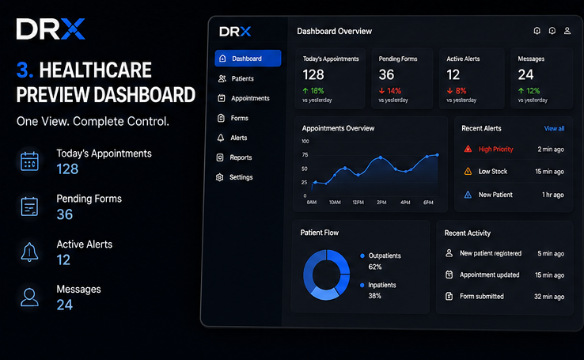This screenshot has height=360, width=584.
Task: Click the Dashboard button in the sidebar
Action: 248,59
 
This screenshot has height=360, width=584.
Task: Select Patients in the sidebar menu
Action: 236,78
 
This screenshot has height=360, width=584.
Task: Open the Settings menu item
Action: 234,177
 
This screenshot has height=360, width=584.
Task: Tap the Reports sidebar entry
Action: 234,157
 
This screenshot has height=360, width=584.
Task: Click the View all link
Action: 554,128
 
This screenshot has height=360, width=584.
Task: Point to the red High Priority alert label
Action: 495,150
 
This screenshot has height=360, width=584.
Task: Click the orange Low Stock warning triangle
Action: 468,171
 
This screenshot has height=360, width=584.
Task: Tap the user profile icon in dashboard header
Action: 567,31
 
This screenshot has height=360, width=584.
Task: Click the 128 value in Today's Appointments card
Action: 313,75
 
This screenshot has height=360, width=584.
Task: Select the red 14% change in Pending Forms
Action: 390,91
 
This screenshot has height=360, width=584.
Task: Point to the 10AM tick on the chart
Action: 335,202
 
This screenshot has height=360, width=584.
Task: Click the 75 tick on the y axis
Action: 305,155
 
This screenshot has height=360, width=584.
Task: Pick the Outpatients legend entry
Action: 381,256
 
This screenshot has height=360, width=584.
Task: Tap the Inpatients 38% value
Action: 374,296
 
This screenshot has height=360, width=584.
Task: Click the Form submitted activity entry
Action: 482,297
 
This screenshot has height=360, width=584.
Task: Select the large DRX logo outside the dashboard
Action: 51,29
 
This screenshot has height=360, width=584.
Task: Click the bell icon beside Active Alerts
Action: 29,252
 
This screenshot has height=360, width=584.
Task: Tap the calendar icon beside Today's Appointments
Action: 29,161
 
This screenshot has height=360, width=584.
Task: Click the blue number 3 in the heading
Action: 25,70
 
